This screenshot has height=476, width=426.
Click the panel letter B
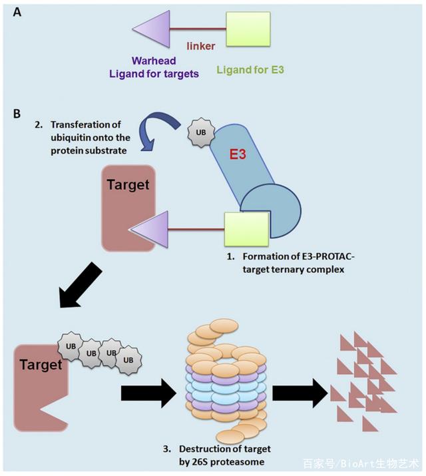[x=18, y=113]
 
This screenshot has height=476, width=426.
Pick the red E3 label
[x=238, y=154]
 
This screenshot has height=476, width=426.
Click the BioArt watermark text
[x=363, y=463]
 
